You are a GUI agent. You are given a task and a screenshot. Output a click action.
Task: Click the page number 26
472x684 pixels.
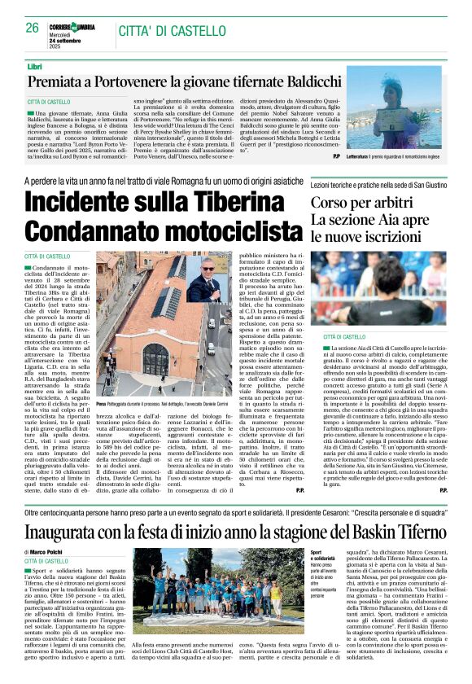point(32,27)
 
